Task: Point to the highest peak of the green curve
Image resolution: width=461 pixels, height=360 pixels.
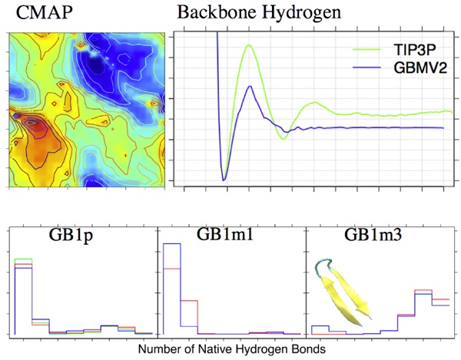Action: click(249, 45)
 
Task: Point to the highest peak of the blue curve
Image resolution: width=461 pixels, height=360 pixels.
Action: click(249, 86)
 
